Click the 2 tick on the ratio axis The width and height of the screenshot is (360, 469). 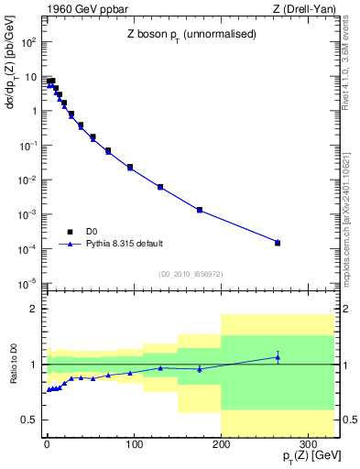coord(35,310)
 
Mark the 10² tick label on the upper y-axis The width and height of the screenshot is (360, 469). coord(29,42)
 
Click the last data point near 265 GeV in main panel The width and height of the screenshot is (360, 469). coord(278,243)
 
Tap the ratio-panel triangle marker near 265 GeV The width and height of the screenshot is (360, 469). coord(278,357)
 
